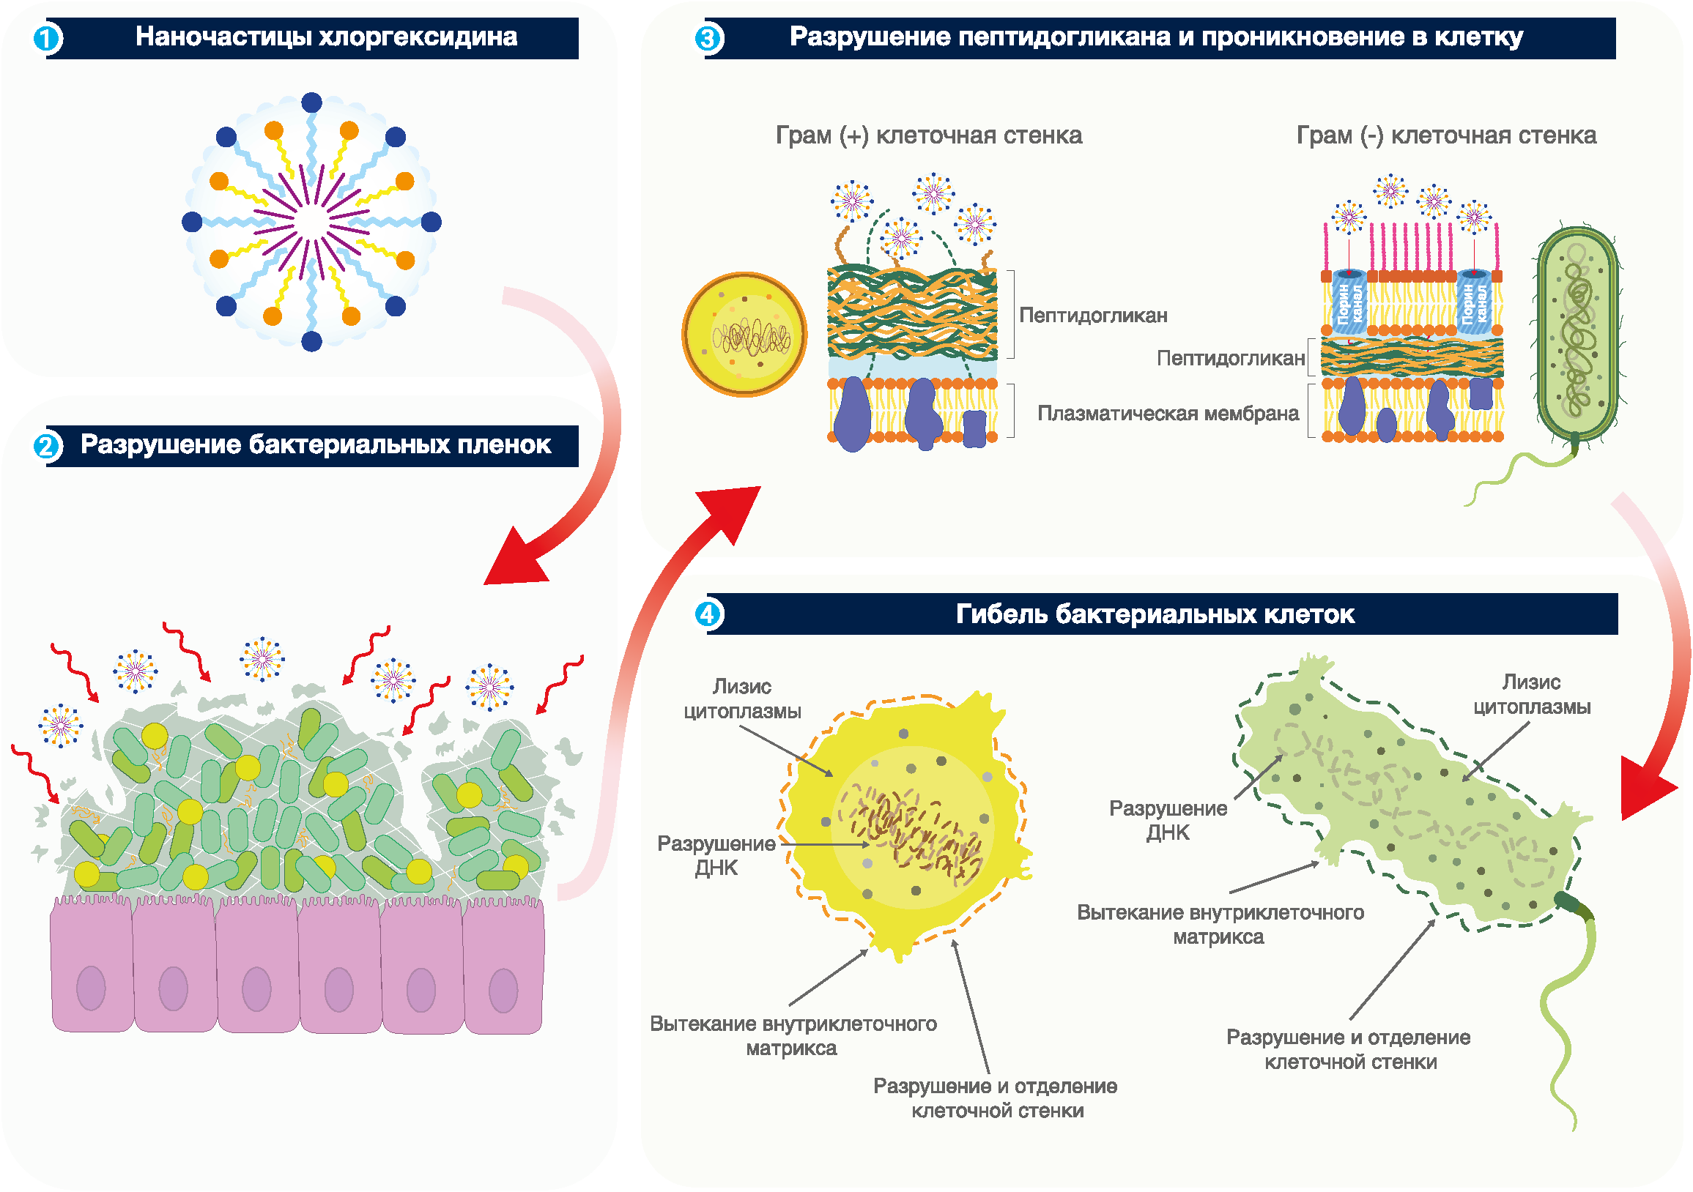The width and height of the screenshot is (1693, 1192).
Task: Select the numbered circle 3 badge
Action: [708, 38]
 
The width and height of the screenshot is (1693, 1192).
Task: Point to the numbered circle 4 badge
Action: [708, 614]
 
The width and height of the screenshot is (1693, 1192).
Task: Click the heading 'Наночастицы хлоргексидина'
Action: [326, 37]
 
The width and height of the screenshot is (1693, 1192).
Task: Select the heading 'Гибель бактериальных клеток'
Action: [1155, 614]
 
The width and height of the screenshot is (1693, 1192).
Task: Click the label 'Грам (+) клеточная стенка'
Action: [928, 135]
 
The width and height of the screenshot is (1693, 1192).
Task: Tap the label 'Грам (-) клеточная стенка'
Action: [1446, 135]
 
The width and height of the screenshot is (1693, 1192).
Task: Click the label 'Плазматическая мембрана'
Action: [1167, 414]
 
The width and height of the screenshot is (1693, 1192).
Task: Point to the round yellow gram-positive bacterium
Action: [744, 335]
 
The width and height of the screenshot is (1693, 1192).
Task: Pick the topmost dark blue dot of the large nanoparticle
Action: [312, 103]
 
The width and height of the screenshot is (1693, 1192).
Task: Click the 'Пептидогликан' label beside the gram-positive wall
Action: [1093, 316]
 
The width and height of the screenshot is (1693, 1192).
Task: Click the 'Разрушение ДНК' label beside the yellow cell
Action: [716, 856]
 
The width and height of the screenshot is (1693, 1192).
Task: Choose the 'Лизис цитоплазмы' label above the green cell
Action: [1532, 694]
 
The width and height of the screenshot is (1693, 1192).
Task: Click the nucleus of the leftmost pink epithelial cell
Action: [91, 988]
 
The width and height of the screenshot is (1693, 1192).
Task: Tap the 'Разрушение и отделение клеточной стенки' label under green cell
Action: [1349, 1050]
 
